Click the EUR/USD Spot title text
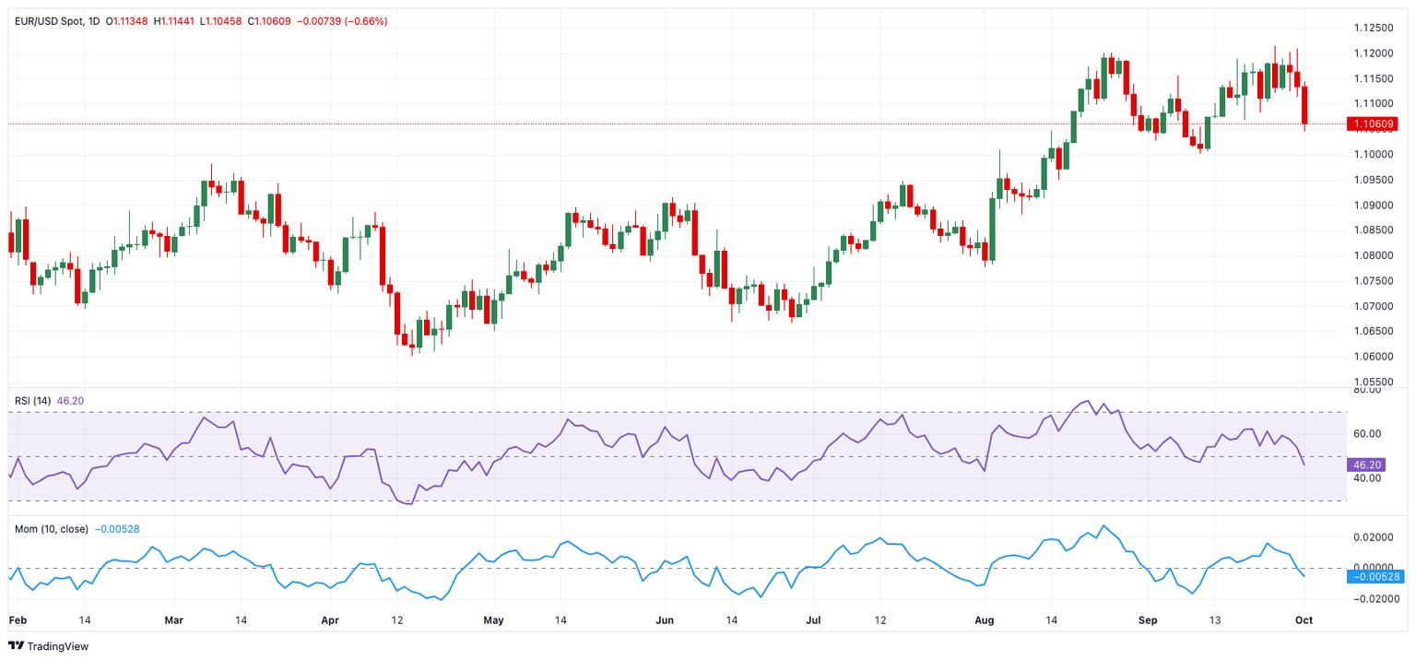[49, 21]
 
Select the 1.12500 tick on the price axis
[1373, 28]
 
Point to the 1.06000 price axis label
[1373, 357]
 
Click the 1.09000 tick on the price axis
[1373, 205]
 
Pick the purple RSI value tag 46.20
[1366, 465]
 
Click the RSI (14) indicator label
[32, 401]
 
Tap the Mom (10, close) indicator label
[52, 529]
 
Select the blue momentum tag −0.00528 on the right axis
[1375, 576]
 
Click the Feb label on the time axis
[18, 620]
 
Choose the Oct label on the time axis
[1304, 620]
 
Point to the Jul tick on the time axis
[813, 620]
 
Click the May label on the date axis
[493, 620]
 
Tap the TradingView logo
[48, 646]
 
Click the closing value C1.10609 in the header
[269, 21]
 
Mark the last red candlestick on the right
[1304, 105]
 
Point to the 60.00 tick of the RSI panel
[1367, 433]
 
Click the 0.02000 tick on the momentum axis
[1373, 537]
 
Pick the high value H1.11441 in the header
[174, 21]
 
